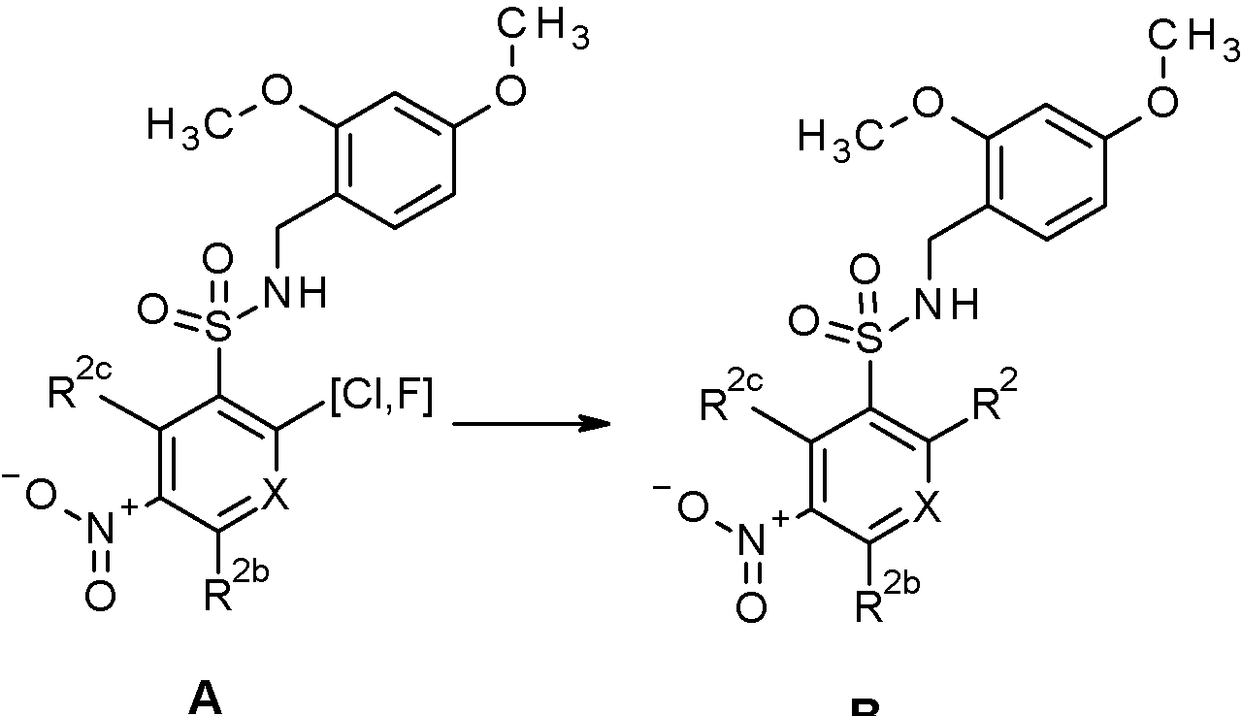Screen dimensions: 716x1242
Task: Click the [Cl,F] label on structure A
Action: pyautogui.click(x=379, y=401)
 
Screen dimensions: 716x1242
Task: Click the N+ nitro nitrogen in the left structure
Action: pyautogui.click(x=105, y=530)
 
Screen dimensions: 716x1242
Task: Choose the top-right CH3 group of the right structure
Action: pyautogui.click(x=1205, y=41)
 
